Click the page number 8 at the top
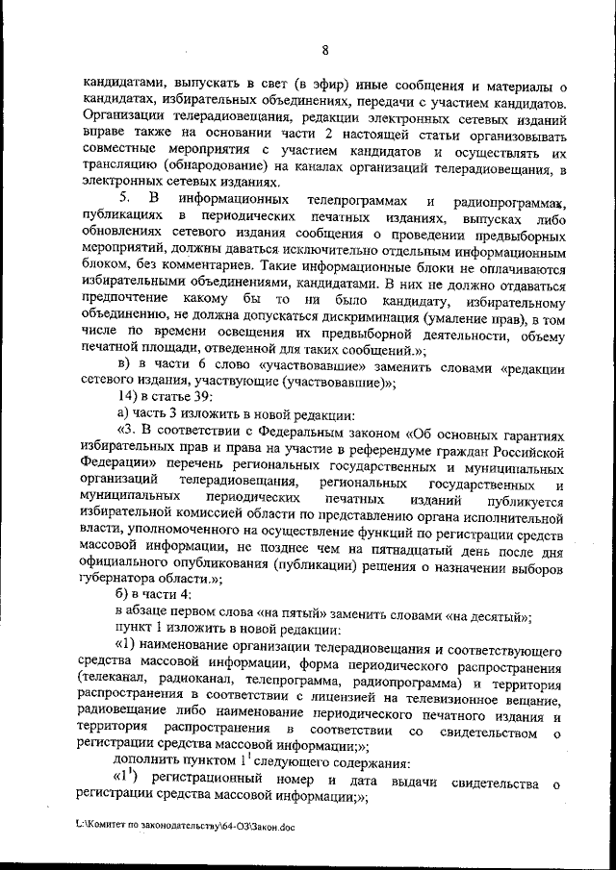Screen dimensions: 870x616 pos(326,50)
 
